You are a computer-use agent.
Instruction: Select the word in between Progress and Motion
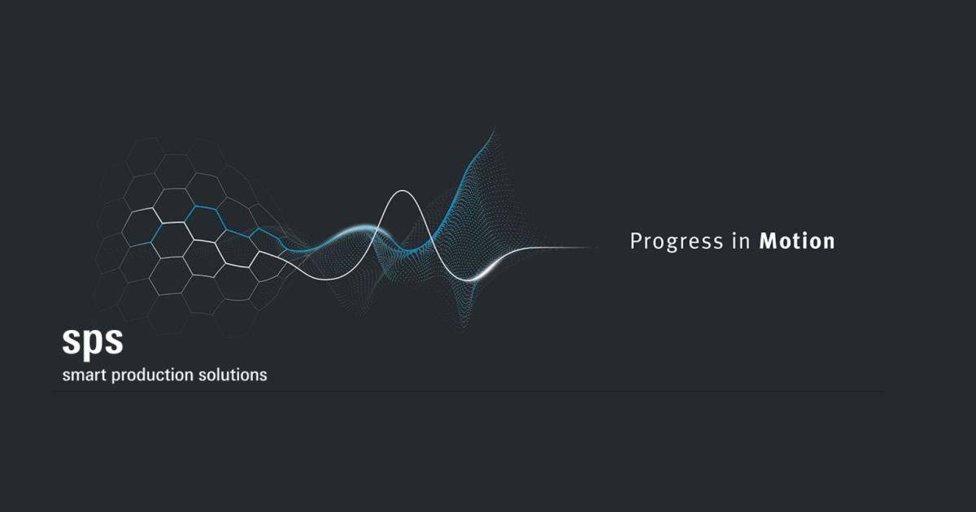coord(740,241)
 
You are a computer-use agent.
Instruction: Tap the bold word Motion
coord(796,241)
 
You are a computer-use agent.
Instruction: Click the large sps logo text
coord(93,342)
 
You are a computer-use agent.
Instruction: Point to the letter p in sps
coord(93,344)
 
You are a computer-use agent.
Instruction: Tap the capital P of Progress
coord(637,241)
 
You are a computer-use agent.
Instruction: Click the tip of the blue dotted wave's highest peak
coord(492,129)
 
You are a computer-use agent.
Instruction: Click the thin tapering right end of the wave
coord(586,247)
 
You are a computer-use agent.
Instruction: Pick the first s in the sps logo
coord(72,342)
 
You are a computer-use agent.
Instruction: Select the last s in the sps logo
coord(114,342)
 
